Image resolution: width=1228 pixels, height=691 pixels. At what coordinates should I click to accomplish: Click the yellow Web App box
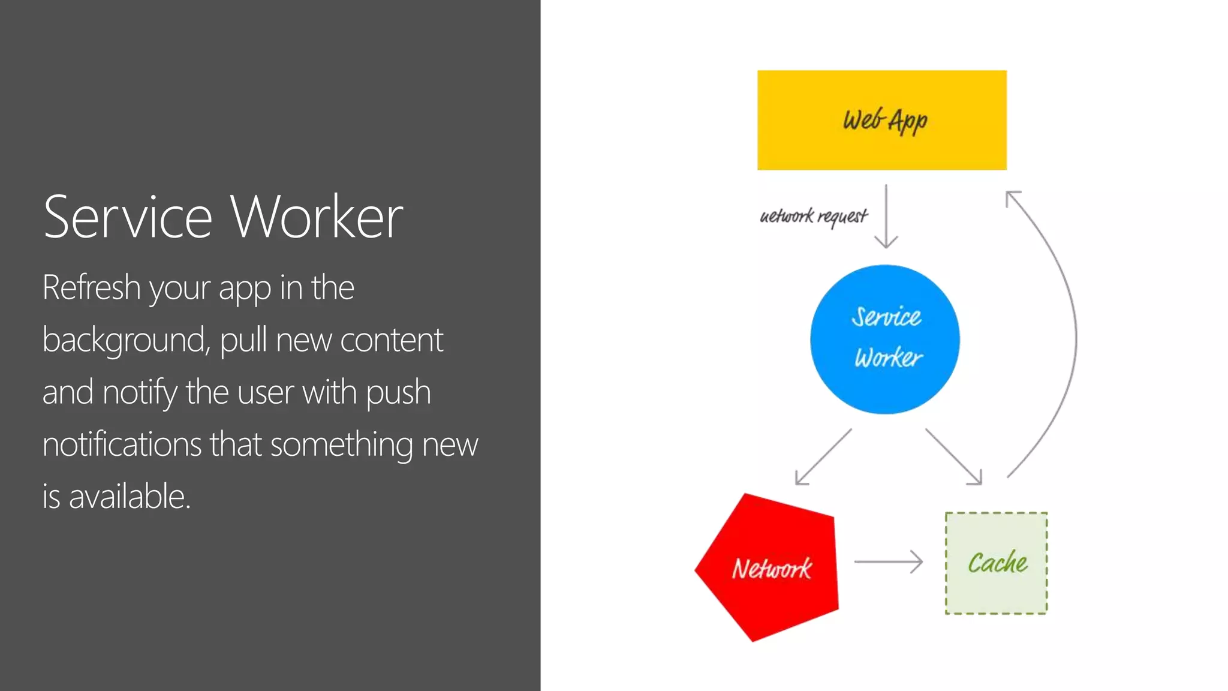pos(881,120)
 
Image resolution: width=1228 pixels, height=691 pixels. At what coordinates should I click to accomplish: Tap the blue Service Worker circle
pos(884,339)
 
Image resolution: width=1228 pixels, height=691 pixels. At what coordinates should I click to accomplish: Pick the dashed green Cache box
pos(996,563)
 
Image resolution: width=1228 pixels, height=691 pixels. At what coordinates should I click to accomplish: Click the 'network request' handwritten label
pos(814,216)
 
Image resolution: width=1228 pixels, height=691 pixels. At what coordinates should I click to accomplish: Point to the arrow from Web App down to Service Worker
pos(886,216)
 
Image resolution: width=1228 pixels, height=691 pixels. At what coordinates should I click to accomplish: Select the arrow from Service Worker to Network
pos(823,456)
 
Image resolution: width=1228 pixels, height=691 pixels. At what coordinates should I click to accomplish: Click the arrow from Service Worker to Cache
pos(953,456)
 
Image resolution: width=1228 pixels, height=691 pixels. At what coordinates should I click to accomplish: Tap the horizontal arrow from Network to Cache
pos(888,561)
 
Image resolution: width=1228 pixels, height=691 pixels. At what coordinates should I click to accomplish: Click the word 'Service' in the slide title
pos(128,217)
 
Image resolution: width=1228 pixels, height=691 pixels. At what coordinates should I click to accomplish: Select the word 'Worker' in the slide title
pos(317,217)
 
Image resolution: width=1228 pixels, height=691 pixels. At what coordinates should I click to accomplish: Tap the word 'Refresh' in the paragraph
pos(91,287)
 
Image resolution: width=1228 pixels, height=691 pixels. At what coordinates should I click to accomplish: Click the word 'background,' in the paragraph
pos(127,340)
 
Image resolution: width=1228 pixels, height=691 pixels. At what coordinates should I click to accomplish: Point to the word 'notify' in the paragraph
pos(140,393)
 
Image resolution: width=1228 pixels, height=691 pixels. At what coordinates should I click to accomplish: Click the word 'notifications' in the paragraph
pos(122,444)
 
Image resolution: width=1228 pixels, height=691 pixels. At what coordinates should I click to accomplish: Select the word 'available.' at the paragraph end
pos(130,497)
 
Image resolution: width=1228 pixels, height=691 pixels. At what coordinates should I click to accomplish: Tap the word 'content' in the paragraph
pos(392,340)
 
